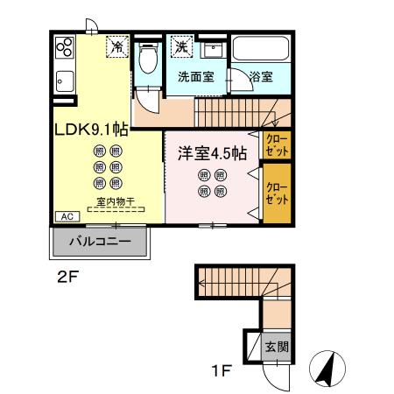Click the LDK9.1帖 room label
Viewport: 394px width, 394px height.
click(x=92, y=130)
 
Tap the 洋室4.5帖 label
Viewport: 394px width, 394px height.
click(x=213, y=153)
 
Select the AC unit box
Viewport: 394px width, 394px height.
click(x=67, y=216)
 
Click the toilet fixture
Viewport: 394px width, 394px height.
click(x=148, y=58)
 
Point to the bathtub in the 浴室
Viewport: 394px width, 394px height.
click(x=261, y=48)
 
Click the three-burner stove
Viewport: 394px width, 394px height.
click(x=65, y=47)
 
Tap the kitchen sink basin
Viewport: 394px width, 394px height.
click(x=65, y=81)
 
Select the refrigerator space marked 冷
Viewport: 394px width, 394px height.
click(x=117, y=46)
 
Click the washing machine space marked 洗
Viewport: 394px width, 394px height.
click(x=182, y=46)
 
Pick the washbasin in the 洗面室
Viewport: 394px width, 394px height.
click(x=214, y=50)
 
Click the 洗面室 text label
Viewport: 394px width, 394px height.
click(x=196, y=77)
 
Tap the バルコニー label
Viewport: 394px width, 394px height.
click(x=100, y=242)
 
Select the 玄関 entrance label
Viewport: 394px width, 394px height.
click(x=277, y=347)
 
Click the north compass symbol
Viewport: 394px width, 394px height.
click(x=327, y=369)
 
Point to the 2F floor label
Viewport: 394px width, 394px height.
click(x=68, y=278)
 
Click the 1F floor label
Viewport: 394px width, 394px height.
click(x=222, y=371)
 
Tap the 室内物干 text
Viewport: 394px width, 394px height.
click(x=116, y=201)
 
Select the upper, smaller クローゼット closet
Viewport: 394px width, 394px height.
click(x=277, y=145)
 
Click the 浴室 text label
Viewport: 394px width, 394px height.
click(x=261, y=77)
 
